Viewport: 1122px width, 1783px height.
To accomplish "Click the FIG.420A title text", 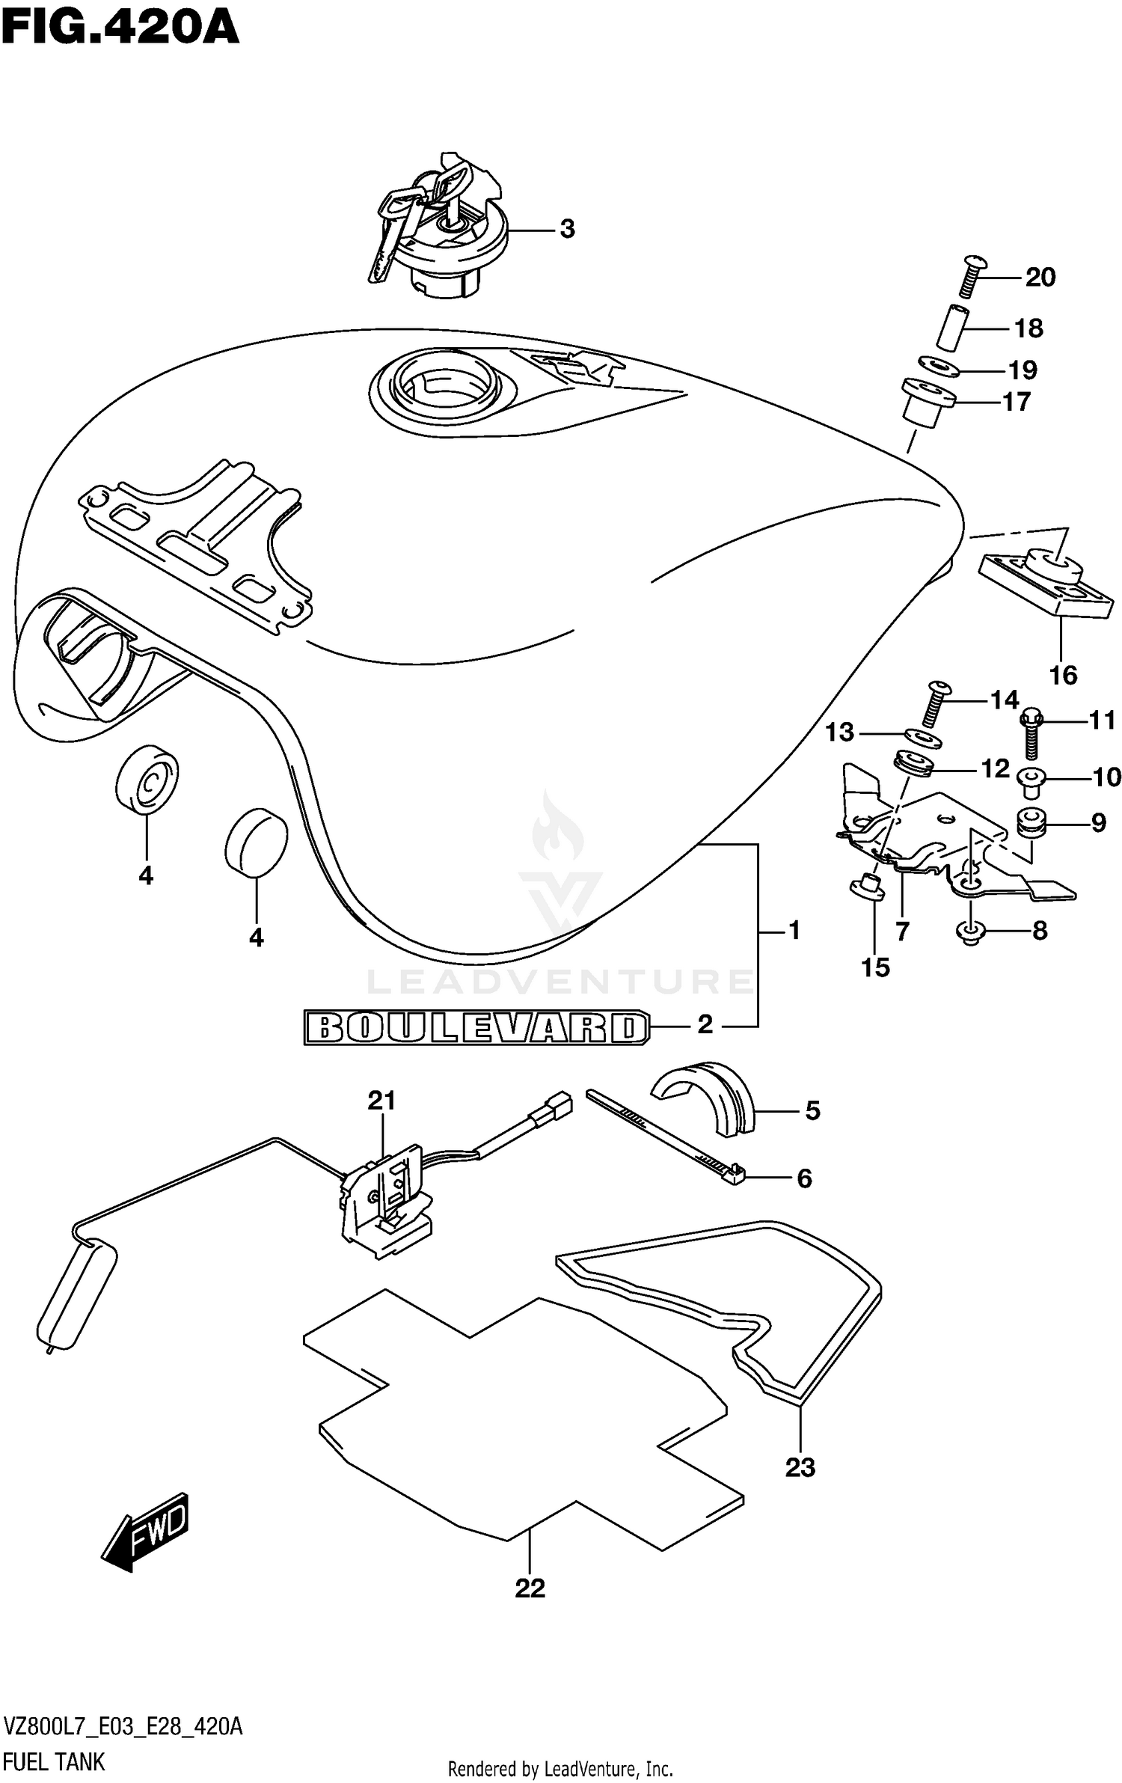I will pyautogui.click(x=120, y=28).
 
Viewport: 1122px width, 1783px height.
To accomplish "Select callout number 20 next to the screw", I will pyautogui.click(x=1040, y=278).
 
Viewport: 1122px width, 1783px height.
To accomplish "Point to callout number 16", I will pyautogui.click(x=1062, y=675).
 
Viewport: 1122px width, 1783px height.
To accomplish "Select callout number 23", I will pyautogui.click(x=800, y=1467).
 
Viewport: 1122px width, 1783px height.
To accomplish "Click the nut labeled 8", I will pyautogui.click(x=970, y=932).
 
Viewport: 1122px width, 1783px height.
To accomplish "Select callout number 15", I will pyautogui.click(x=875, y=967).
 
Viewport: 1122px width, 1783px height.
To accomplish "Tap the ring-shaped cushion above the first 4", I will pyautogui.click(x=147, y=778).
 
